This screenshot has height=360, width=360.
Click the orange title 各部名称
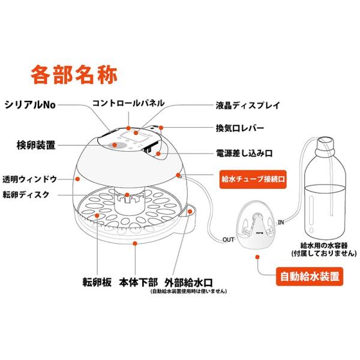point(74,74)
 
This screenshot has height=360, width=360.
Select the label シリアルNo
point(30,105)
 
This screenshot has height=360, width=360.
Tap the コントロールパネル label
point(128,103)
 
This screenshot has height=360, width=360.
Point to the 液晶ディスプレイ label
point(248,106)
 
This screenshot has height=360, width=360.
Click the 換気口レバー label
point(240,128)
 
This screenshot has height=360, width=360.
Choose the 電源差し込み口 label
point(244,153)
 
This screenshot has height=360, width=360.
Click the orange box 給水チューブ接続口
point(253,179)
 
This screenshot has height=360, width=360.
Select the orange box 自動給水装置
point(310,277)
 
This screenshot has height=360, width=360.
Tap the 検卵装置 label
point(36,145)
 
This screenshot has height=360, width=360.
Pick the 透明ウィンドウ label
point(29,179)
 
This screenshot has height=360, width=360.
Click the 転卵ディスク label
point(26,194)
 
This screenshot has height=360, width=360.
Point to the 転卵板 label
point(97,282)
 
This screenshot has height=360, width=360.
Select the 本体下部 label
point(139,282)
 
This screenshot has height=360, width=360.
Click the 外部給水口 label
point(189,283)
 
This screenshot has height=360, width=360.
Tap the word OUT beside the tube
point(228,239)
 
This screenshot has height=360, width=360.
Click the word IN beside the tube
point(281,222)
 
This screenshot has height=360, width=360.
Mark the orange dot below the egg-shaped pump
point(257,257)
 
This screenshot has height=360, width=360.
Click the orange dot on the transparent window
point(77,179)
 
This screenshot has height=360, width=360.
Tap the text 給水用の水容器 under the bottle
point(324,245)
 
